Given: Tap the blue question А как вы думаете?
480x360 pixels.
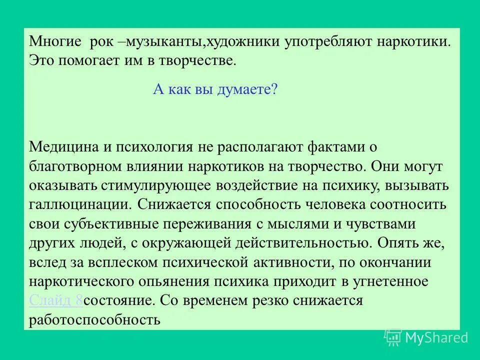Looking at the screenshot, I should pyautogui.click(x=214, y=90).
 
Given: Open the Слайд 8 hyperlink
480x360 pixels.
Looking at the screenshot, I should pyautogui.click(x=56, y=301).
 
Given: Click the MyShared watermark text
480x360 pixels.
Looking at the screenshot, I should pyautogui.click(x=436, y=338).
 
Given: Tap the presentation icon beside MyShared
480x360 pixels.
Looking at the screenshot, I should pyautogui.click(x=392, y=338).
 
